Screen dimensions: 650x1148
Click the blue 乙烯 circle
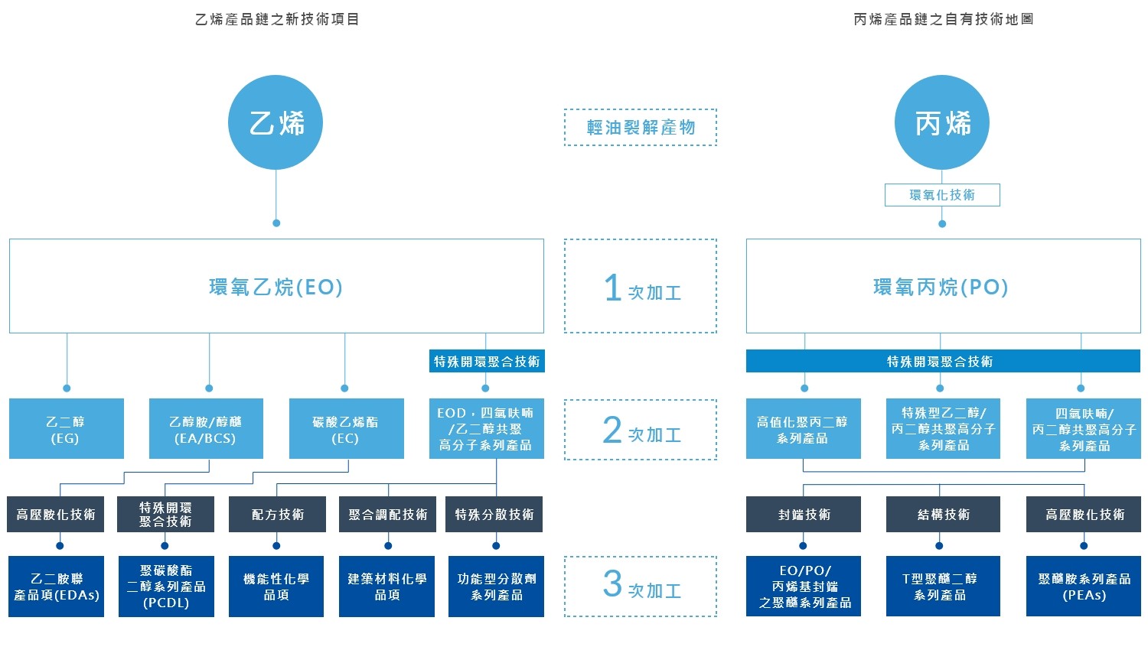tap(276, 122)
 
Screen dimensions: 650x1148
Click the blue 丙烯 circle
tap(942, 122)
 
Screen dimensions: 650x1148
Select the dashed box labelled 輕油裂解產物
tap(641, 127)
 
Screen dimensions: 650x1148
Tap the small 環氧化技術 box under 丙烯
tap(942, 195)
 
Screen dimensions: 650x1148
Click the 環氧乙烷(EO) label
tap(276, 287)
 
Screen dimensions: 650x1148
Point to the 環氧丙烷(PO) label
tap(941, 287)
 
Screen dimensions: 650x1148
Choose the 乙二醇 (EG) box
tap(66, 429)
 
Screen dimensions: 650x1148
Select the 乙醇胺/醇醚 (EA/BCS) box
tap(206, 429)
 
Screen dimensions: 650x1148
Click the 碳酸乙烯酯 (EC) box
tap(346, 429)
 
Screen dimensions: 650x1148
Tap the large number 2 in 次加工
tap(612, 430)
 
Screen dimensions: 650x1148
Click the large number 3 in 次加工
tap(612, 584)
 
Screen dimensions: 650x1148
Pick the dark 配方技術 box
tap(278, 515)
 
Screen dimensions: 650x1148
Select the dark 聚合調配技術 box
tap(388, 515)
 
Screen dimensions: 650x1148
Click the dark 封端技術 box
tap(804, 515)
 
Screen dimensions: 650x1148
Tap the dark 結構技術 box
tap(943, 515)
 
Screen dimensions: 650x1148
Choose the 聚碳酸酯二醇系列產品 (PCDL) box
tap(166, 587)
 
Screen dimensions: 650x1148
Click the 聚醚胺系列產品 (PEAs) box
tap(1084, 587)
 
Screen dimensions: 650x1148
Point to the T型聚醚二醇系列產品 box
tap(943, 587)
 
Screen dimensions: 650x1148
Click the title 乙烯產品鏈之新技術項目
tap(277, 19)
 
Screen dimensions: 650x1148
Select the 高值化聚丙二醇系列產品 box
tap(803, 429)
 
